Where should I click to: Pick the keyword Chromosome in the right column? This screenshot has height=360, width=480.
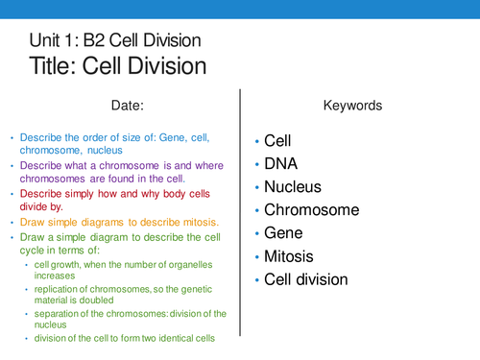(312, 209)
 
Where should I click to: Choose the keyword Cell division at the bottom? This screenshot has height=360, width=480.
(306, 278)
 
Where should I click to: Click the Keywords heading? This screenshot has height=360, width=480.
(352, 104)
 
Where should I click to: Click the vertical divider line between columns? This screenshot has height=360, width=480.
(239, 211)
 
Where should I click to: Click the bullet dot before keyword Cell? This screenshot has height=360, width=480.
(256, 141)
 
